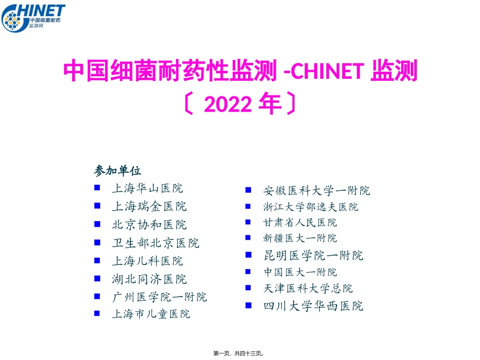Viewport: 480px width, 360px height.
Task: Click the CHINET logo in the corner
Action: pos(33,17)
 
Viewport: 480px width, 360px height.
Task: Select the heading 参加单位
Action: pos(117,171)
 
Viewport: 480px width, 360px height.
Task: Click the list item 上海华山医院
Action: pos(147,189)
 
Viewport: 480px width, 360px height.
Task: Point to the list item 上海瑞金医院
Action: pos(149,207)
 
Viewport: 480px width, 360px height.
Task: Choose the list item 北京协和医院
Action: pos(149,225)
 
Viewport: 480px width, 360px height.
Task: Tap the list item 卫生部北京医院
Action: pos(155,243)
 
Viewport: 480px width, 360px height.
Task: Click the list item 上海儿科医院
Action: pos(147,261)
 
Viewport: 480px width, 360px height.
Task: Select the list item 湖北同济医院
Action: pos(149,279)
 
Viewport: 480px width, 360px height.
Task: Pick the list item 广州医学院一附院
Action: pos(159,297)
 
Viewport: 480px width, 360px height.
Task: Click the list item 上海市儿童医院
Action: pos(151,314)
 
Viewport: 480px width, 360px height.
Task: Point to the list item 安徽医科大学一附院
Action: pos(316,191)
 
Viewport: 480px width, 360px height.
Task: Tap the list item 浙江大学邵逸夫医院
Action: pos(310,207)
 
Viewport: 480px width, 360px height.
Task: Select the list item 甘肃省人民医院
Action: pos(300,223)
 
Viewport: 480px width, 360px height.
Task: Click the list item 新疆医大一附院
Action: pos(300,238)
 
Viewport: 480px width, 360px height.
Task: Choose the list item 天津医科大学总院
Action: pos(308,289)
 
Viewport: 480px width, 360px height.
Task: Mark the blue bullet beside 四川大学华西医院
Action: pos(248,305)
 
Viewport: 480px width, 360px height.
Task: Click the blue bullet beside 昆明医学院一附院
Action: pos(248,255)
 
